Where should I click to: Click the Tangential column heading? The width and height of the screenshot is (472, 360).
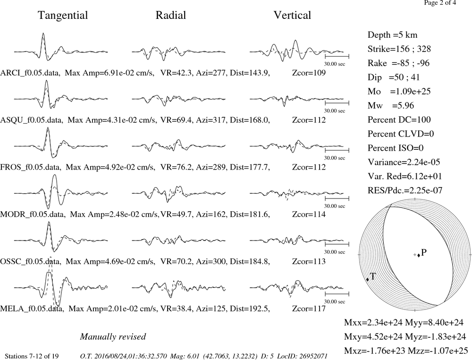[63, 16]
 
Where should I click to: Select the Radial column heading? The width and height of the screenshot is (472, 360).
[171, 15]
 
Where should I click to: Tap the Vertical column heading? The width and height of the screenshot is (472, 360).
[292, 15]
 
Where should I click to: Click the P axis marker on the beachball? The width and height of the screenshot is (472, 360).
[419, 255]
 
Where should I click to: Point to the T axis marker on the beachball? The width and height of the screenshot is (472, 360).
[368, 280]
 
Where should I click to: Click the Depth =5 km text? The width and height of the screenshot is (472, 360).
[392, 35]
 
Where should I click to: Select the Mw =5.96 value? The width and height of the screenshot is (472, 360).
[391, 105]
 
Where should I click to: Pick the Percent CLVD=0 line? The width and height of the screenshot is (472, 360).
[401, 134]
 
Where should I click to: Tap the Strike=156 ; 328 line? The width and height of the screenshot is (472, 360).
[399, 49]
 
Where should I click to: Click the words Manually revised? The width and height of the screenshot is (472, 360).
[113, 336]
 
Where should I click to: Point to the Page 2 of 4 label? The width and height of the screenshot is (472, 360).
[440, 3]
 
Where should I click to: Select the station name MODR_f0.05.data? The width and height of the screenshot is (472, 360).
[32, 214]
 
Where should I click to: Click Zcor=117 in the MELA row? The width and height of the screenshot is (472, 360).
[309, 309]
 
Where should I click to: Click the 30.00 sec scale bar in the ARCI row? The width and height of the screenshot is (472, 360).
[337, 56]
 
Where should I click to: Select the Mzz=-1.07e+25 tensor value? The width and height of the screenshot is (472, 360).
[438, 351]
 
